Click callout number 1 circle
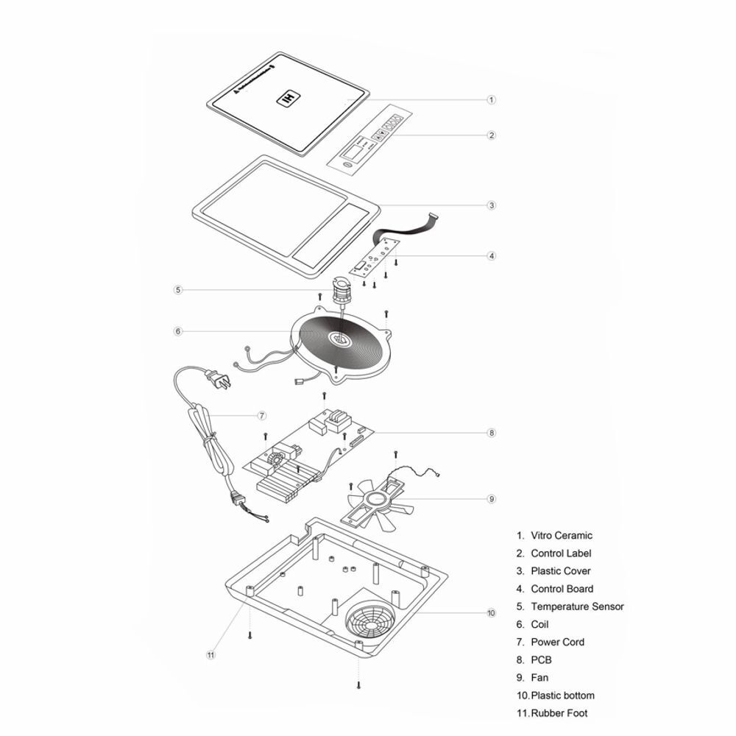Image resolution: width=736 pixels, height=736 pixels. pyautogui.click(x=492, y=100)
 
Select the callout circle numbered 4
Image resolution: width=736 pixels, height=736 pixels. pyautogui.click(x=492, y=256)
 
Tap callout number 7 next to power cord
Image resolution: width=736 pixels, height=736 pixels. pyautogui.click(x=262, y=416)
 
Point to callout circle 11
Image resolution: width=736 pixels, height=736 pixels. pyautogui.click(x=211, y=654)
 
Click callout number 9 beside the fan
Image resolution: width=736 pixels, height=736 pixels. pyautogui.click(x=492, y=499)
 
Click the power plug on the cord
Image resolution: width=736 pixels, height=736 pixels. pyautogui.click(x=216, y=381)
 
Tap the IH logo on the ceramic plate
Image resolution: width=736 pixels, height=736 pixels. pyautogui.click(x=289, y=97)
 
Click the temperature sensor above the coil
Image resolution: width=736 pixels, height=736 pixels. pyautogui.click(x=342, y=291)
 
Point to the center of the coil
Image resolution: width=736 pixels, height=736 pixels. pyautogui.click(x=342, y=339)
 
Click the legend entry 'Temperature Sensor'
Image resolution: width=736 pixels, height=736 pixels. pyautogui.click(x=577, y=606)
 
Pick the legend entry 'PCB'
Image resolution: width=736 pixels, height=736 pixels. pyautogui.click(x=541, y=659)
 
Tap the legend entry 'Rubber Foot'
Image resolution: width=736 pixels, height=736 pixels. pyautogui.click(x=559, y=712)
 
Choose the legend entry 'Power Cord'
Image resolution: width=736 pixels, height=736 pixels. pyautogui.click(x=557, y=642)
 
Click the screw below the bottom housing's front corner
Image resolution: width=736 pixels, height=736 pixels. pyautogui.click(x=358, y=684)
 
